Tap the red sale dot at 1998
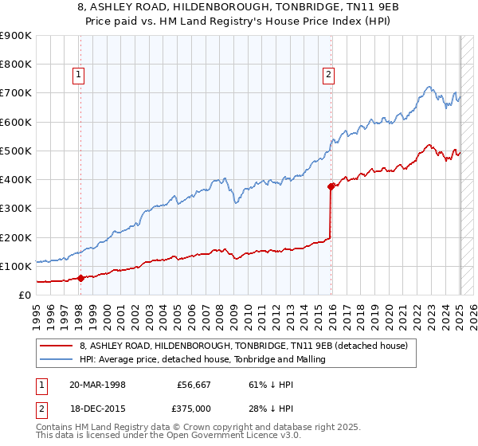(80, 278)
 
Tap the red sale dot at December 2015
(331, 186)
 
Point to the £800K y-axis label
(16, 65)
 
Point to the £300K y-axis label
(16, 209)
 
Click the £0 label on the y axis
(23, 295)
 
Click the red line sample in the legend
(56, 346)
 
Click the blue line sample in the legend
(56, 359)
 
